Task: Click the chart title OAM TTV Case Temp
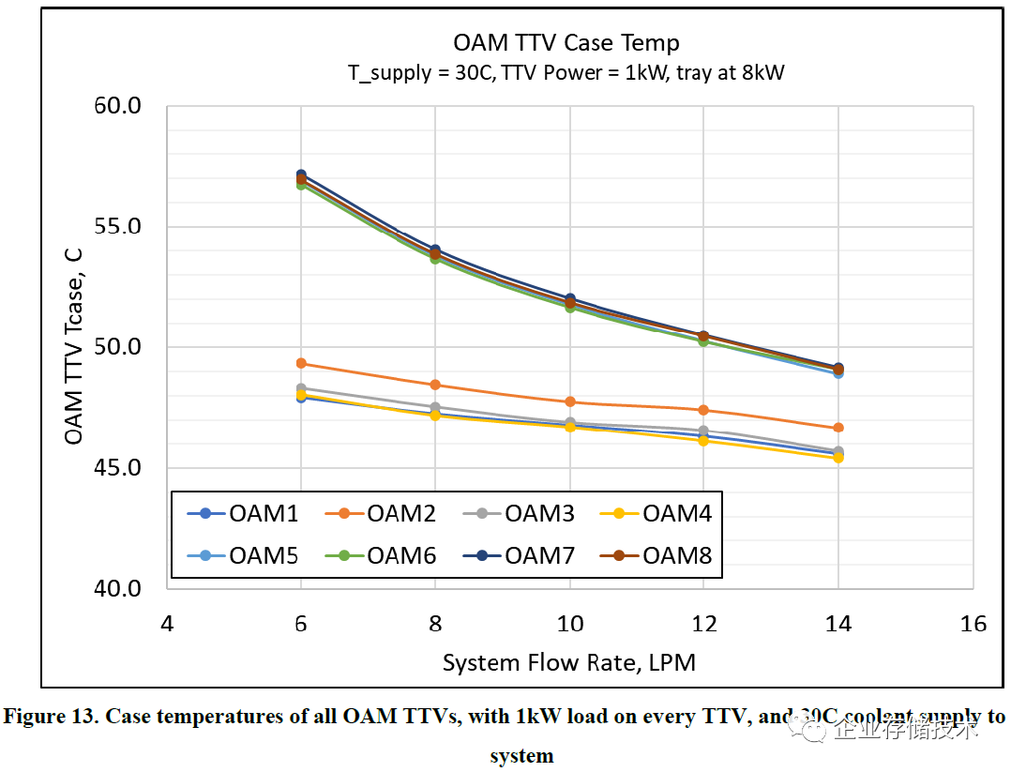click(566, 43)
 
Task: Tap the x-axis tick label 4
click(167, 624)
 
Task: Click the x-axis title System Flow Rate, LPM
click(569, 662)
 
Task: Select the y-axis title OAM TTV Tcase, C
click(74, 348)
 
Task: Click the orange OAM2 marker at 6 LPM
click(301, 363)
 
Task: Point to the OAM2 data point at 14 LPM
click(838, 428)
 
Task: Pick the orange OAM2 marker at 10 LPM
click(570, 401)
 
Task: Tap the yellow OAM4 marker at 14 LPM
click(838, 458)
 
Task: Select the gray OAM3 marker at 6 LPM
click(301, 387)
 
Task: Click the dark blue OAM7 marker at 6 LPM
click(301, 174)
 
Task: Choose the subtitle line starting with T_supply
click(566, 73)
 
